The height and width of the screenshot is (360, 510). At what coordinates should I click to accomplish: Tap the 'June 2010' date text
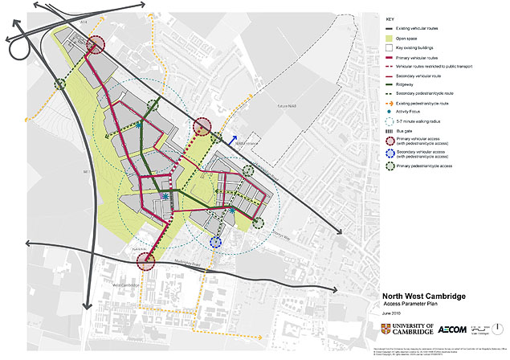393,316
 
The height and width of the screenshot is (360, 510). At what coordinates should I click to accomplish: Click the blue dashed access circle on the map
215,241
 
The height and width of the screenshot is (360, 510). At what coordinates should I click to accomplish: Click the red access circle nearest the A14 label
96,45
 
